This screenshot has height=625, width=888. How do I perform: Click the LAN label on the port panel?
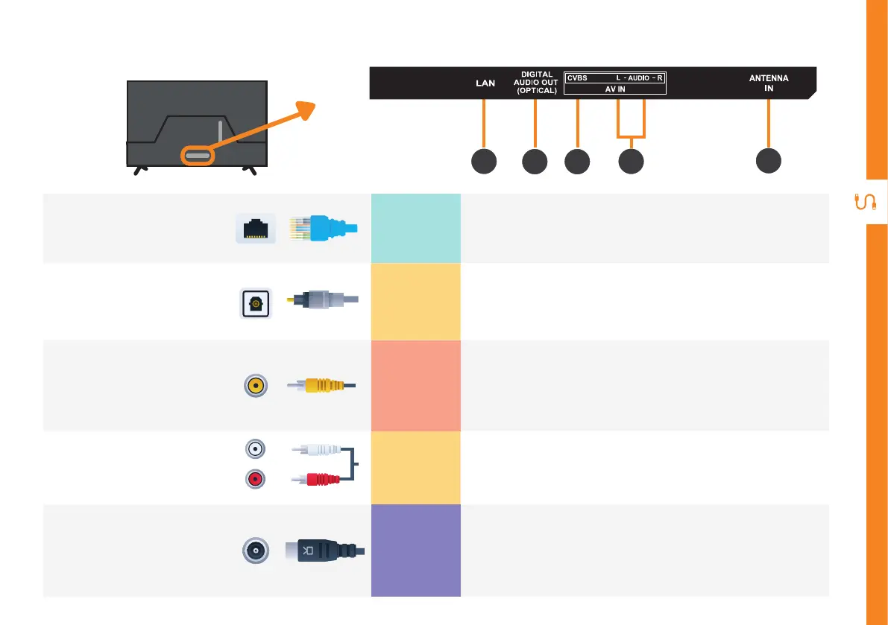click(485, 83)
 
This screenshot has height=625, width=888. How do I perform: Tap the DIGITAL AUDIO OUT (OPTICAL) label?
click(536, 83)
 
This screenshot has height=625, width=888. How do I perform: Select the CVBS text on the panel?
click(577, 77)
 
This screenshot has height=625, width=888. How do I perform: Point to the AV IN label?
click(615, 89)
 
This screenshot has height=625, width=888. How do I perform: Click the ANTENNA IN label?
click(769, 83)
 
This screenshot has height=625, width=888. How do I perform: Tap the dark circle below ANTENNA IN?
click(769, 162)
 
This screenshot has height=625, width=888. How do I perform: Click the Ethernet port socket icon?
click(256, 227)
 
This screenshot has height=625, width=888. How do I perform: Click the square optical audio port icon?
click(256, 304)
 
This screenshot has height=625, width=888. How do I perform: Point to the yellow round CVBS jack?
click(256, 385)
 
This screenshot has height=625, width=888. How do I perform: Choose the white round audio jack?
click(255, 448)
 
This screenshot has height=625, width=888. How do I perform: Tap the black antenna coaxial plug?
click(324, 551)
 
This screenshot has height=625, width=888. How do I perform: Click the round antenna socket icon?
click(255, 551)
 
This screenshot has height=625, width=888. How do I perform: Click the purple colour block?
click(415, 550)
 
